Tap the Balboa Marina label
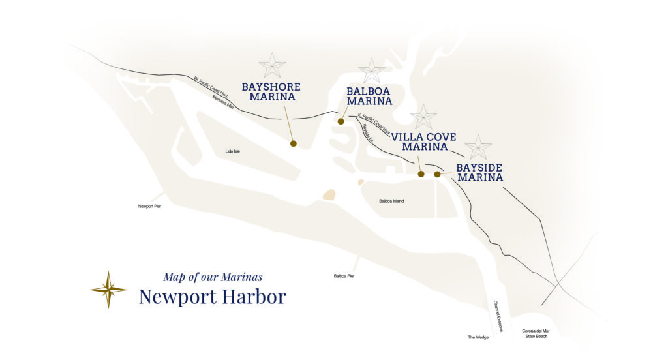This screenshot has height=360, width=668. pyautogui.click(x=369, y=96)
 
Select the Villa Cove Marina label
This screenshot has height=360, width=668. pyautogui.click(x=424, y=142)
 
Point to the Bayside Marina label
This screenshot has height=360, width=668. pyautogui.click(x=479, y=172)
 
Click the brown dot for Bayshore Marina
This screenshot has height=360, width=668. pyautogui.click(x=293, y=143)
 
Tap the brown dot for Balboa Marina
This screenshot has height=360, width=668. pyautogui.click(x=341, y=121)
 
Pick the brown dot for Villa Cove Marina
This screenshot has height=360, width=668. pyautogui.click(x=421, y=174)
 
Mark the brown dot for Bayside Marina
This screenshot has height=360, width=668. pyautogui.click(x=437, y=174)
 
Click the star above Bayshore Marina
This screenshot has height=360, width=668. pyautogui.click(x=272, y=66)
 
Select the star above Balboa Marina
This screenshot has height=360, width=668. pyautogui.click(x=372, y=70)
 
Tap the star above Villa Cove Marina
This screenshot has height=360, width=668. pyautogui.click(x=424, y=117)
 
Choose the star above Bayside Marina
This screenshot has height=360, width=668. pyautogui.click(x=478, y=147)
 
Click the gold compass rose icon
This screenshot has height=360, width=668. pyautogui.click(x=108, y=290)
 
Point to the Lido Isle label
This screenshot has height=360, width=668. pyautogui.click(x=233, y=151)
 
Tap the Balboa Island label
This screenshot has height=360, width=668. pyautogui.click(x=391, y=201)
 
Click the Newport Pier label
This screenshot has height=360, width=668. pyautogui.click(x=149, y=206)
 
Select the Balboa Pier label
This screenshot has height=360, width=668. pyautogui.click(x=344, y=276)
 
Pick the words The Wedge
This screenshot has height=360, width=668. pyautogui.click(x=478, y=337)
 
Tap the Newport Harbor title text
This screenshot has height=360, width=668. pyautogui.click(x=212, y=297)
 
